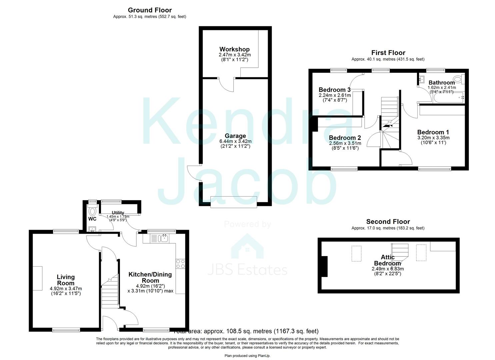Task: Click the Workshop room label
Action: (234, 49)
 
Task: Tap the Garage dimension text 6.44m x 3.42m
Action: (235, 141)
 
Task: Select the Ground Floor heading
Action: (150, 10)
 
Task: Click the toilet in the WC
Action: (92, 211)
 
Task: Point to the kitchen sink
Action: (164, 238)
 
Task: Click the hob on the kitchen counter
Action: (180, 264)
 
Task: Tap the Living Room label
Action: (66, 280)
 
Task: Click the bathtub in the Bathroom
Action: (449, 98)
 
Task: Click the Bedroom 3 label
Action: (334, 90)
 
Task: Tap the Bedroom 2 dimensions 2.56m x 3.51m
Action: (345, 143)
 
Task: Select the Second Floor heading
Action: (388, 222)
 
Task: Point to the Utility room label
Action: (118, 213)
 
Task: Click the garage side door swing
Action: (193, 173)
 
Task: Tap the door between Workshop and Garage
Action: (227, 85)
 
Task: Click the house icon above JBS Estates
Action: (247, 247)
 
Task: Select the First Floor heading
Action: (388, 53)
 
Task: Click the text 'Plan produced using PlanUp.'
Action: (247, 356)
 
